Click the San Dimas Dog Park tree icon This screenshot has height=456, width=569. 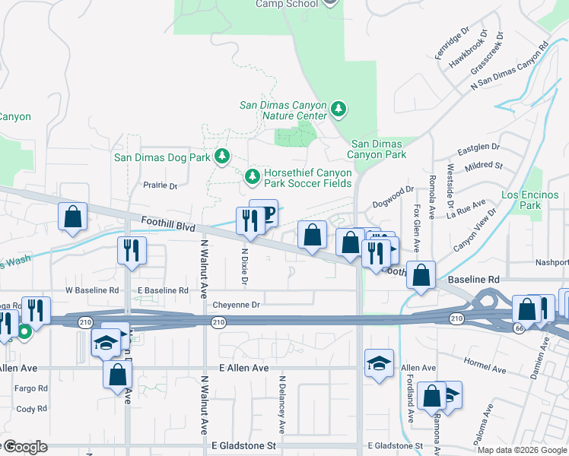pyautogui.click(x=221, y=157)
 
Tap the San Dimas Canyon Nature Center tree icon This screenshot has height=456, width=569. pyautogui.click(x=339, y=111)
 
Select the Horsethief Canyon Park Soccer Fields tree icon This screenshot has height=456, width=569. pyautogui.click(x=253, y=177)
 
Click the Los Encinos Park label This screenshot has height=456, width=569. pyautogui.click(x=520, y=200)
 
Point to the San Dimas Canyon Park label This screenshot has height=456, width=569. pyautogui.click(x=378, y=149)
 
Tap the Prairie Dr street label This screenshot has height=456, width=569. pyautogui.click(x=161, y=185)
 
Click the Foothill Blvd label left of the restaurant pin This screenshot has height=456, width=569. pyautogui.click(x=168, y=224)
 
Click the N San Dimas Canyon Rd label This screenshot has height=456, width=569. pyautogui.click(x=509, y=68)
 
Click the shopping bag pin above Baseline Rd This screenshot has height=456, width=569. pyautogui.click(x=421, y=275)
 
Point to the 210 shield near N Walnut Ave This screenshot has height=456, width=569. pyautogui.click(x=218, y=323)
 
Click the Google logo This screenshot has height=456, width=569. pyautogui.click(x=24, y=448)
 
